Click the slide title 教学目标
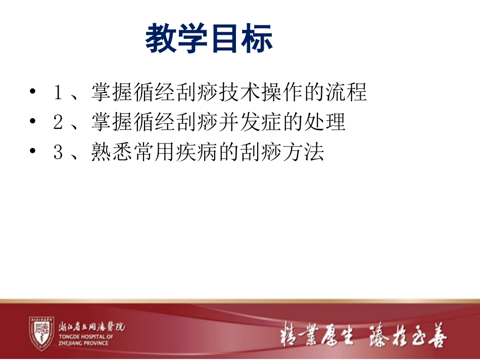point(209,39)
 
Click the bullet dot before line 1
point(33,93)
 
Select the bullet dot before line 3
point(33,152)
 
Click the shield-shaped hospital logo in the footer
point(41,333)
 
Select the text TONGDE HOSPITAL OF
point(86,337)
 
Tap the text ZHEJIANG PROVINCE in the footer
point(84,343)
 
